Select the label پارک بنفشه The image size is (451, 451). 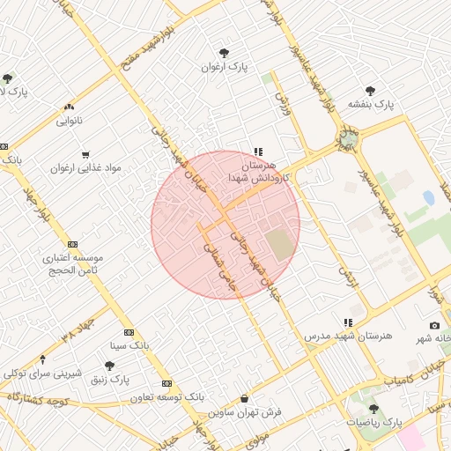click(x=371, y=104)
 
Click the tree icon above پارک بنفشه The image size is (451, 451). click(x=370, y=89)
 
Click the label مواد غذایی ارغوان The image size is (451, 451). click(x=85, y=167)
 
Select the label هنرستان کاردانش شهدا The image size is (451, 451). click(x=258, y=171)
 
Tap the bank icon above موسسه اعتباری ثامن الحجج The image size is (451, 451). click(x=71, y=245)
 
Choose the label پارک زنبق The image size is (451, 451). click(x=109, y=379)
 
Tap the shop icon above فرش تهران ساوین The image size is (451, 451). click(x=244, y=398)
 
